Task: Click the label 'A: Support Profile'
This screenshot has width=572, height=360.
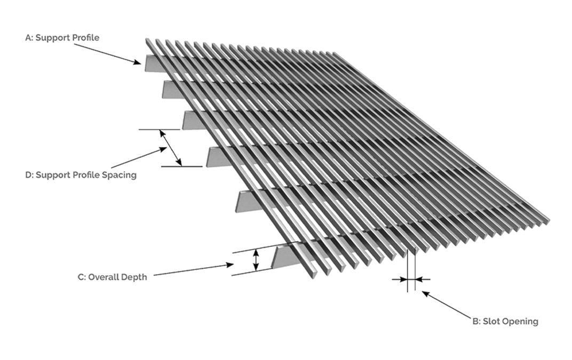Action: pyautogui.click(x=62, y=38)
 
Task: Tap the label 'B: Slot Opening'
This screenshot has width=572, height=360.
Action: pyautogui.click(x=505, y=321)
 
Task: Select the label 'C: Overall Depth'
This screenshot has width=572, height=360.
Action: pyautogui.click(x=112, y=277)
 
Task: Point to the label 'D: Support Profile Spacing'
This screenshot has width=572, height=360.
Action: pyautogui.click(x=81, y=174)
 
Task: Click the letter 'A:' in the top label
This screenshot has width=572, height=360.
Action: pyautogui.click(x=29, y=38)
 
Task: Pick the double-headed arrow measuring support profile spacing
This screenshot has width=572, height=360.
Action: pyautogui.click(x=171, y=148)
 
